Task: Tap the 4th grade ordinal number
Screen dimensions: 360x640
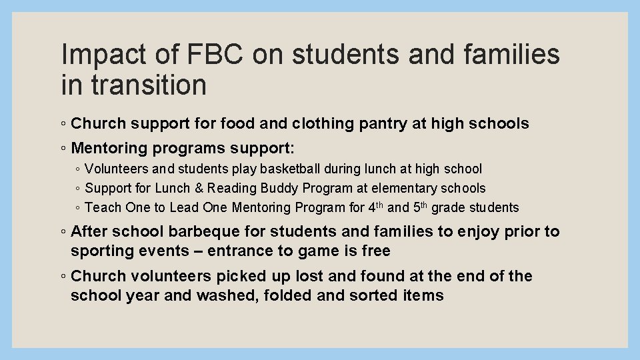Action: point(375,207)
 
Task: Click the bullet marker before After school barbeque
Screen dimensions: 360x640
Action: point(61,232)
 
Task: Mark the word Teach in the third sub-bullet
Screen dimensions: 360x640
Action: point(101,207)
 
